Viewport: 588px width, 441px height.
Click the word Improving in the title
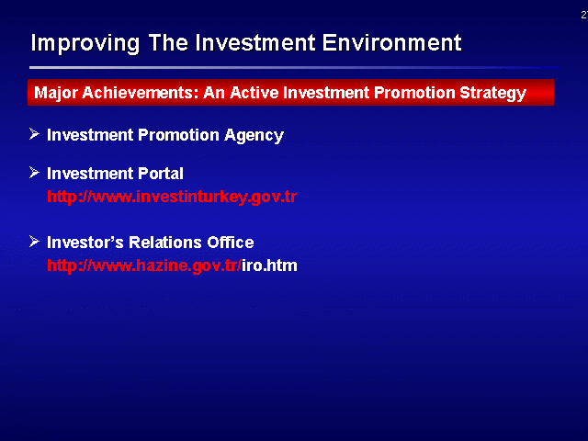click(85, 43)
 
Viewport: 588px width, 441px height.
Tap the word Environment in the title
click(391, 42)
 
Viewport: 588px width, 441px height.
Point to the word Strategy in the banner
click(492, 94)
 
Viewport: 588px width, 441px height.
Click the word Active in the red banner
click(254, 93)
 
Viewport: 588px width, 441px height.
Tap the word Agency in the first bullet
click(254, 136)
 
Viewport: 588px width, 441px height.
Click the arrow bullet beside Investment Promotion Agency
click(34, 134)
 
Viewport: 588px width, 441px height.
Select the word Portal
click(161, 174)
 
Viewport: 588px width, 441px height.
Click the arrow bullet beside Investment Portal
click(34, 173)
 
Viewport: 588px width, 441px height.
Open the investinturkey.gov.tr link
click(172, 197)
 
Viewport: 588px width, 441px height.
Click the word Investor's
click(85, 243)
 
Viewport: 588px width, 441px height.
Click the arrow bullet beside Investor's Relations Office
click(34, 242)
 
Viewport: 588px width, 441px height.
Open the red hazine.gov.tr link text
click(144, 266)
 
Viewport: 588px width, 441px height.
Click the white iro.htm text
click(269, 266)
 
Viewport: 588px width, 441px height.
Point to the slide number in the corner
click(584, 15)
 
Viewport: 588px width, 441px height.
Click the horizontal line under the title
click(294, 67)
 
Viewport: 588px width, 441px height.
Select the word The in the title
click(168, 42)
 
